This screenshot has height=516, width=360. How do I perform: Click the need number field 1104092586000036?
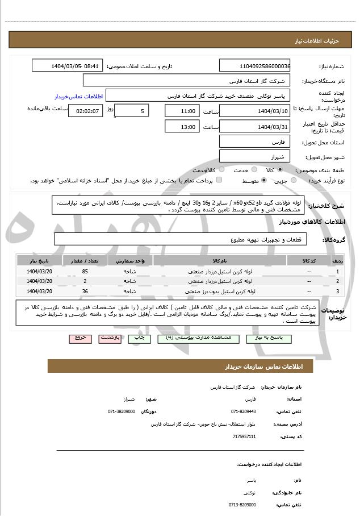pyautogui.click(x=254, y=66)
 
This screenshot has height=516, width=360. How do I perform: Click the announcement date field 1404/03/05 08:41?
pyautogui.click(x=67, y=66)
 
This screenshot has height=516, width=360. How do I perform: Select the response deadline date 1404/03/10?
pyautogui.click(x=254, y=111)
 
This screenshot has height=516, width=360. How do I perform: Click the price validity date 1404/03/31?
pyautogui.click(x=254, y=127)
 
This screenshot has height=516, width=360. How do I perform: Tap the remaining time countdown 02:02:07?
pyautogui.click(x=85, y=111)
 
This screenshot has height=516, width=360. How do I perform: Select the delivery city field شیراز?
pyautogui.click(x=254, y=155)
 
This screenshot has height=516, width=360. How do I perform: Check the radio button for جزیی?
pyautogui.click(x=294, y=180)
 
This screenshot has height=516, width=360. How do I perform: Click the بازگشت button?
pyautogui.click(x=110, y=338)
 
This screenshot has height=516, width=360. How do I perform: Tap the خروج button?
pyautogui.click(x=80, y=338)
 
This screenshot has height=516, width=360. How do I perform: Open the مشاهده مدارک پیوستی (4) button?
pyautogui.click(x=198, y=338)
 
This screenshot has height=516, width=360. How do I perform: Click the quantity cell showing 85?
pyautogui.click(x=85, y=272)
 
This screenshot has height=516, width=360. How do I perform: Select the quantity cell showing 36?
pyautogui.click(x=85, y=291)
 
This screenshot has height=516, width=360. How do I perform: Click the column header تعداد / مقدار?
pyautogui.click(x=85, y=261)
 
